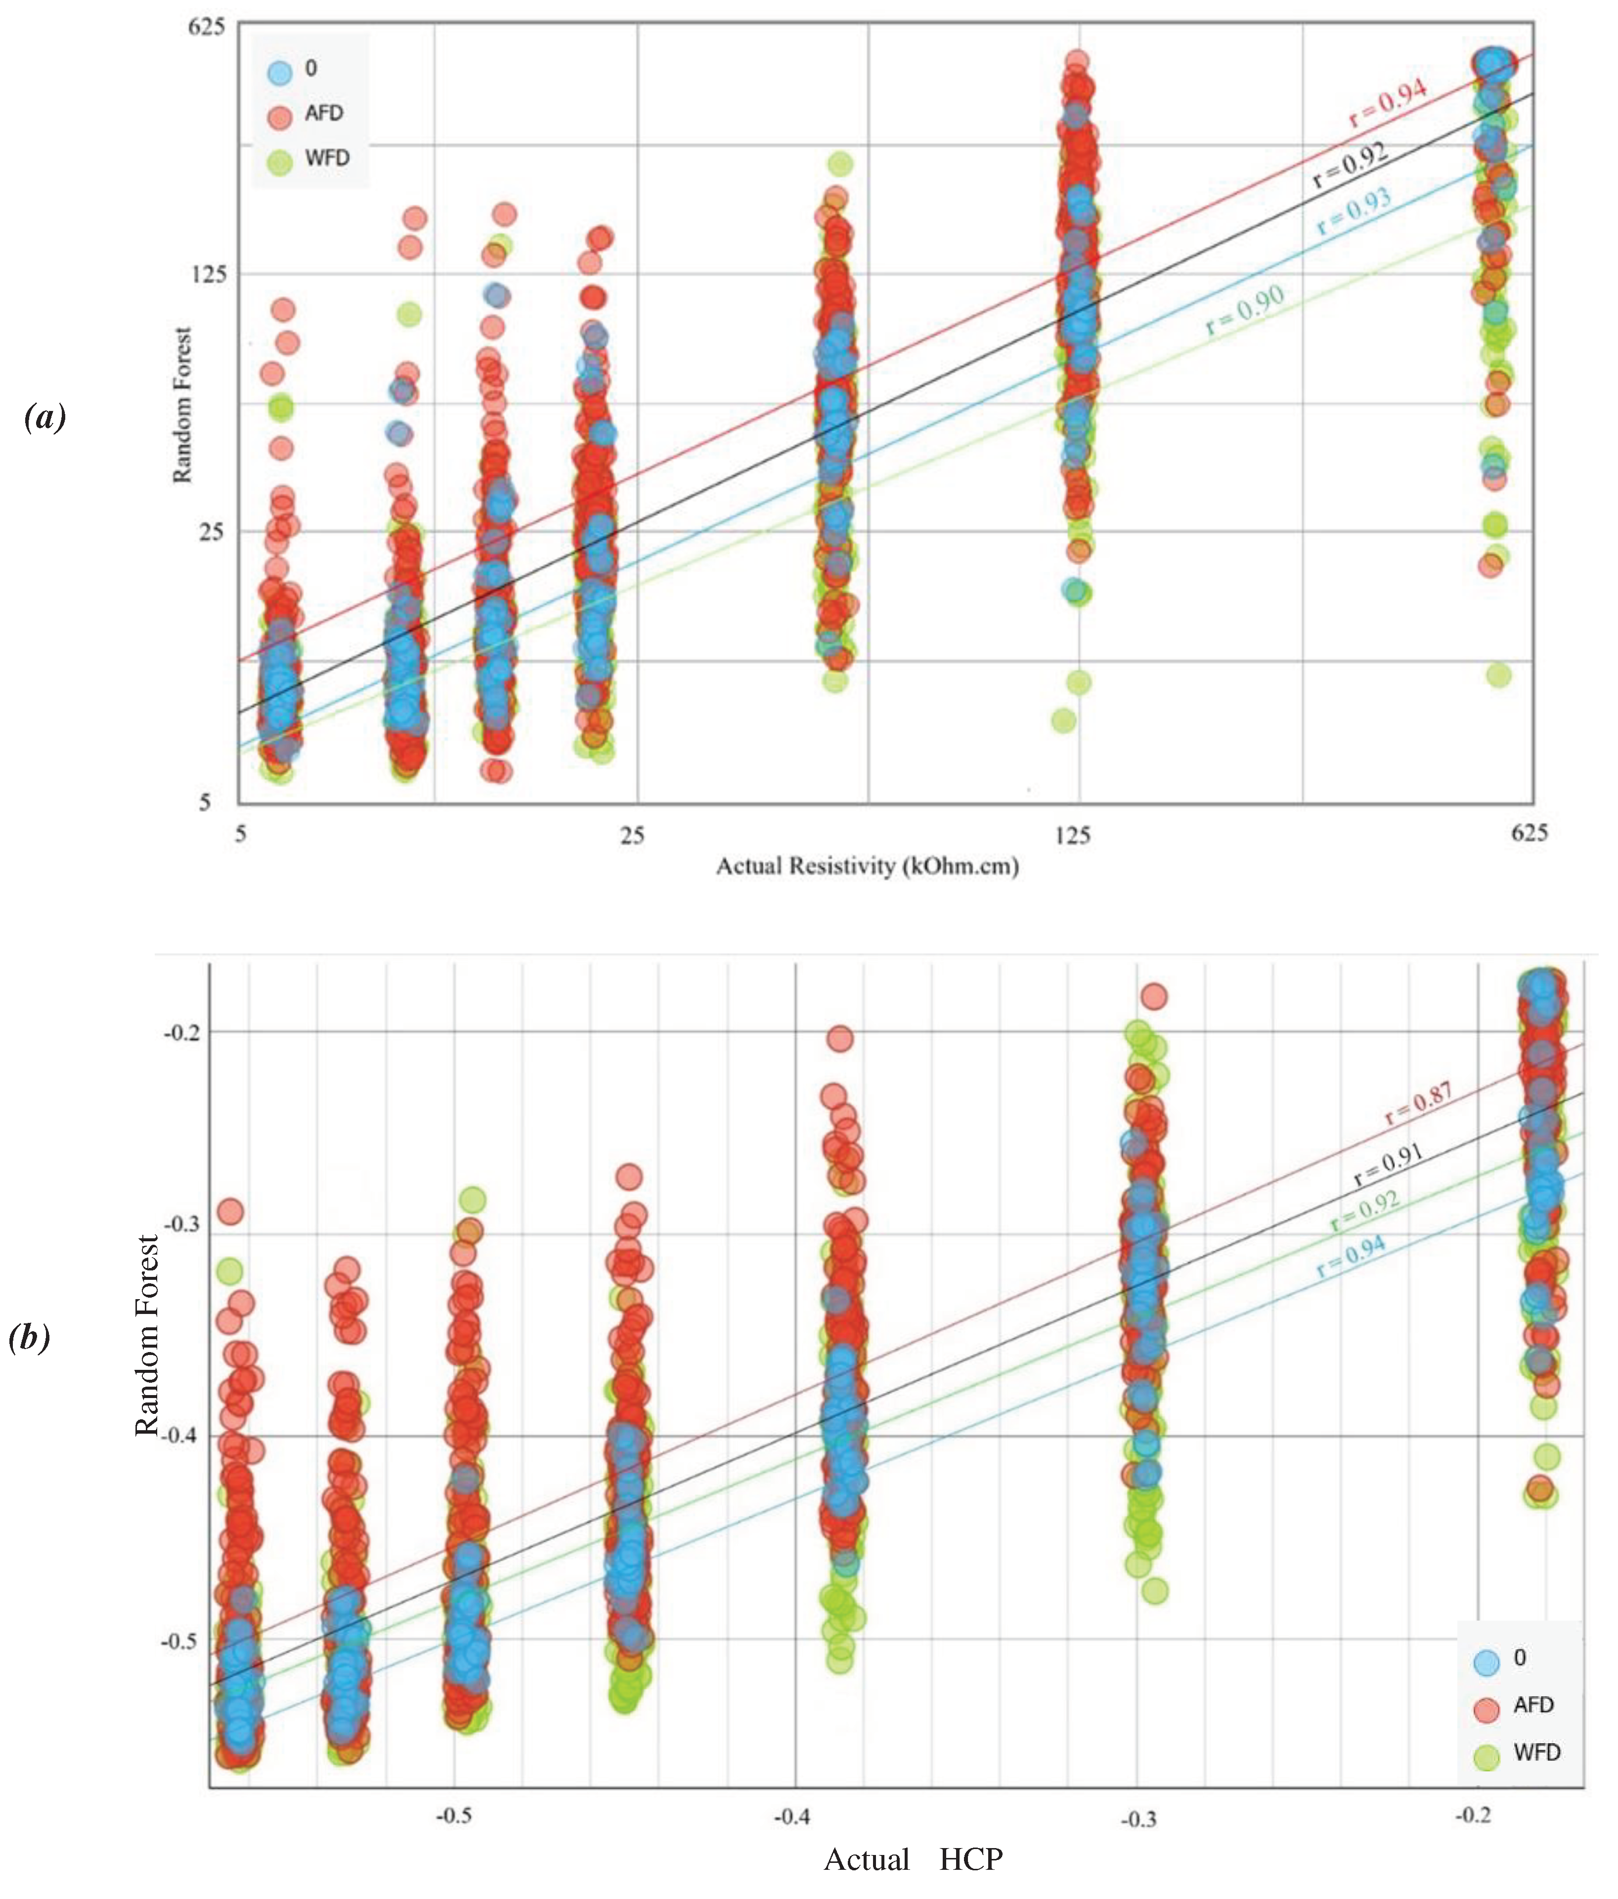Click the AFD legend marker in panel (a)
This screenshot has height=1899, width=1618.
(x=279, y=116)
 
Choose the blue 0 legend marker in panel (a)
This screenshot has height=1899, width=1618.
(x=279, y=71)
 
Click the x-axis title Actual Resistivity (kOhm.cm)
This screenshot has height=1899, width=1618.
(x=867, y=865)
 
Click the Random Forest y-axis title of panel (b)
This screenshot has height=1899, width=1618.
(x=147, y=1334)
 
